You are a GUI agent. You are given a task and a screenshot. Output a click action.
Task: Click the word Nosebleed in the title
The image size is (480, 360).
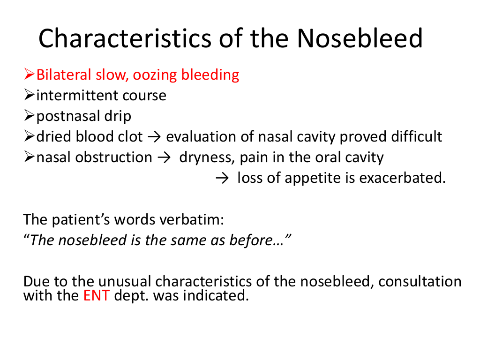[x=360, y=38]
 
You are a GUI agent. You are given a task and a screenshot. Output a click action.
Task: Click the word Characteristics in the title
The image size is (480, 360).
[x=125, y=38]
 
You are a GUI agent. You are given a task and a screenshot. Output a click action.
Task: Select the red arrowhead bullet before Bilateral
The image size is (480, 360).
[x=29, y=75]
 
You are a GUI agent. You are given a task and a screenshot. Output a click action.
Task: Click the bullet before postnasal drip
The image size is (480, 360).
[x=29, y=115]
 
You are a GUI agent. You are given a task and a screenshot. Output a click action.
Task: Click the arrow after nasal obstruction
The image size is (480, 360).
[x=164, y=158]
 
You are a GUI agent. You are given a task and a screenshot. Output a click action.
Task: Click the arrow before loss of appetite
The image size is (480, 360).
[x=222, y=179]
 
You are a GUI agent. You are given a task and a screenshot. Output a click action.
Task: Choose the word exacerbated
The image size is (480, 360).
[x=402, y=178]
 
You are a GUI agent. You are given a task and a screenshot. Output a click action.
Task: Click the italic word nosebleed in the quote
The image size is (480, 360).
[x=92, y=240]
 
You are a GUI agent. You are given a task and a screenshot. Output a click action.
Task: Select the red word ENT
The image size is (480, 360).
[x=97, y=296]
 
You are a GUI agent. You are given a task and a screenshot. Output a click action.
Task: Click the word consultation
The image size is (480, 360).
[x=420, y=281]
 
